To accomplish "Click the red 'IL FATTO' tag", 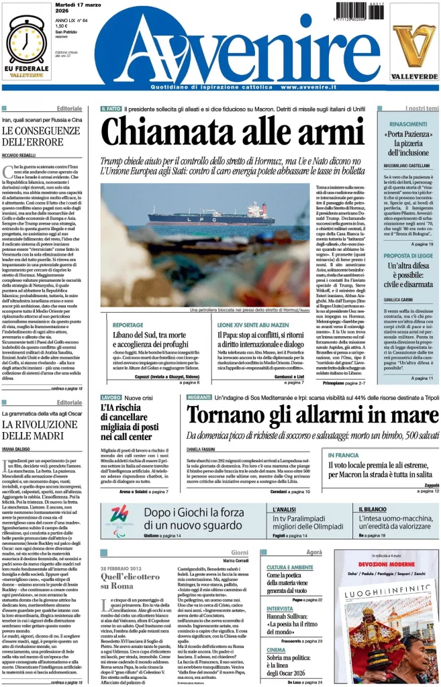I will [x=111, y=108].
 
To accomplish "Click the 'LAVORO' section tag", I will [x=111, y=398].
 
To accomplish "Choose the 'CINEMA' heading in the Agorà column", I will [x=276, y=649].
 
